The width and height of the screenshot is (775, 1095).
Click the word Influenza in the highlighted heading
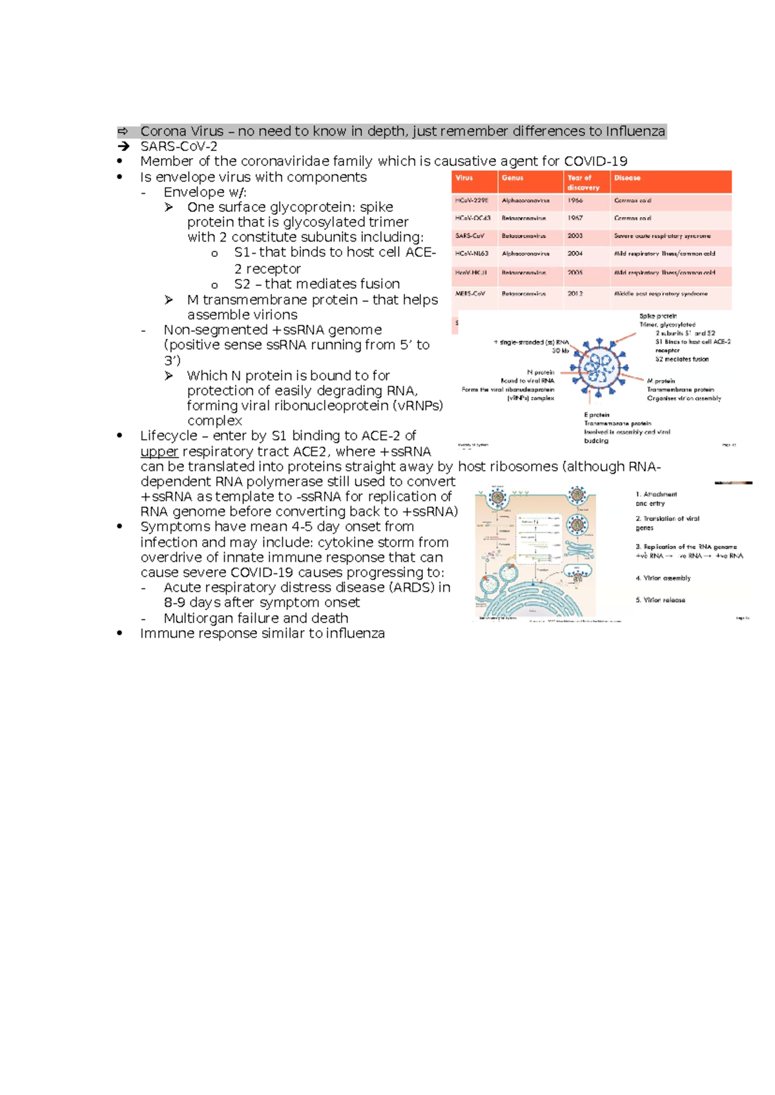click(635, 132)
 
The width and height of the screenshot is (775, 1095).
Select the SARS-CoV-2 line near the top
click(178, 147)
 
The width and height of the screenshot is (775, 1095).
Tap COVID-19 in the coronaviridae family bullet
click(595, 161)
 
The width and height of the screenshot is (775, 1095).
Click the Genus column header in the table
click(512, 178)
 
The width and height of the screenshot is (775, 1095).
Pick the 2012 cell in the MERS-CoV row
click(575, 294)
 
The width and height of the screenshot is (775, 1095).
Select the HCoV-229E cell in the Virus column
click(471, 201)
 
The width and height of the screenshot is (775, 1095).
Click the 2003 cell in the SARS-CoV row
click(575, 236)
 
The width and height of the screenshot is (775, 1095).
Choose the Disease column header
click(627, 178)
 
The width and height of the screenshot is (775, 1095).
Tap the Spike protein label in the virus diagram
click(657, 316)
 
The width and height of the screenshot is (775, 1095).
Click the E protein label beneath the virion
click(597, 415)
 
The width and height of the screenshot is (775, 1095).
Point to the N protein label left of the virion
click(541, 373)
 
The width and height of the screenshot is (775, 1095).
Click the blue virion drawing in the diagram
click(599, 367)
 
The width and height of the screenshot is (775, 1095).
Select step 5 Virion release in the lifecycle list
click(660, 600)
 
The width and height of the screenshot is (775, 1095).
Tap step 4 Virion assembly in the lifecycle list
click(663, 578)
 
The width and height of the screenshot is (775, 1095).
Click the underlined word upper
click(159, 452)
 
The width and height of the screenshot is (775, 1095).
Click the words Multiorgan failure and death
click(256, 619)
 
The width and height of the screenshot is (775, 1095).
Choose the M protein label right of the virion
click(661, 381)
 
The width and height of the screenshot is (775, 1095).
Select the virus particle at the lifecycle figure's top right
click(577, 496)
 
